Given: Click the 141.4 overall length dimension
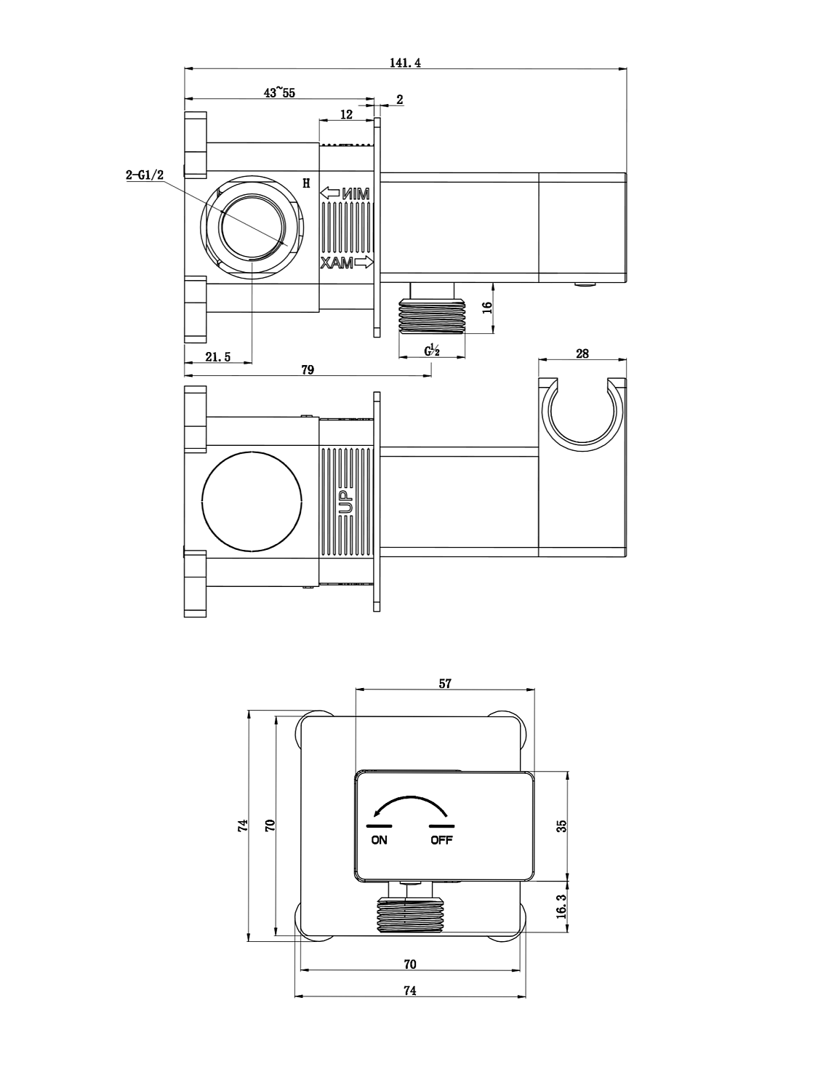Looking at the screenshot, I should (x=405, y=63).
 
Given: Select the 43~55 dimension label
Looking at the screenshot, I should (x=279, y=92).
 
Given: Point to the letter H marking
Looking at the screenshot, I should (x=306, y=183).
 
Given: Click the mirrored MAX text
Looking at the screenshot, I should (x=338, y=263).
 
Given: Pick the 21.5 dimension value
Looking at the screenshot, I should (x=217, y=356).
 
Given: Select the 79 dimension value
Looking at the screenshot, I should (x=308, y=369).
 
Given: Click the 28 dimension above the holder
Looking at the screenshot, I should (x=582, y=354).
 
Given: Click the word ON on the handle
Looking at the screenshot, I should (x=379, y=840).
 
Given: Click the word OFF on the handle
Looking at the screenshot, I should (x=441, y=840).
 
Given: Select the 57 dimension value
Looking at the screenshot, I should (x=445, y=684).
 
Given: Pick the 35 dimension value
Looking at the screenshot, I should (x=561, y=826).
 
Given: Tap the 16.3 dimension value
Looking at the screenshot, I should (x=561, y=907).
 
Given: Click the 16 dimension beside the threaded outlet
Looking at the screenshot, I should (x=487, y=308).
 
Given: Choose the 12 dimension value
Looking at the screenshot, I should (x=346, y=114).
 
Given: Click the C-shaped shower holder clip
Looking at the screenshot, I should (x=582, y=415).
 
